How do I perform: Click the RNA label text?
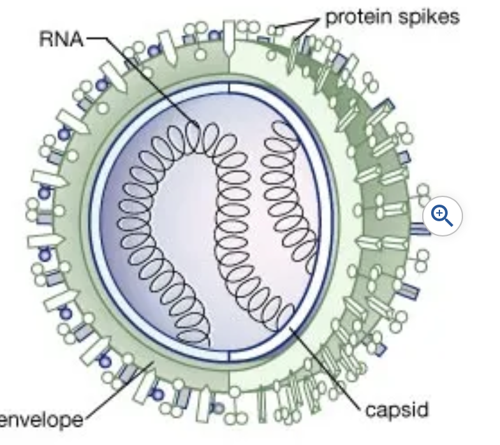tap(61, 39)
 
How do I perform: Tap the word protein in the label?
tap(354, 17)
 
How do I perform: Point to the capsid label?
tap(397, 409)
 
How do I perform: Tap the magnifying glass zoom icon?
tap(442, 216)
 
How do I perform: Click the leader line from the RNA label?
tap(147, 77)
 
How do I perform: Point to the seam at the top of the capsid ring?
tap(230, 88)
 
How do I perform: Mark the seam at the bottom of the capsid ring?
tap(230, 356)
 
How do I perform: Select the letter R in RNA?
tap(47, 39)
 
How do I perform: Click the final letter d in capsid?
tap(423, 408)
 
